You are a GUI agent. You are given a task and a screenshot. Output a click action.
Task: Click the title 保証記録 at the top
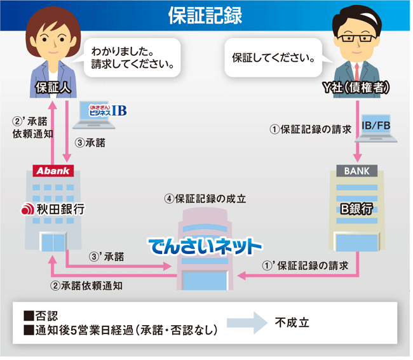(205, 15)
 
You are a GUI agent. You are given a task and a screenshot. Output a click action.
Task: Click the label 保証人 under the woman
(51, 88)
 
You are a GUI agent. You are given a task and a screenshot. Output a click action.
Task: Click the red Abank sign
(53, 171)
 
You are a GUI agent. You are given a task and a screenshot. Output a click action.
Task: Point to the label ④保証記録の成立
(205, 198)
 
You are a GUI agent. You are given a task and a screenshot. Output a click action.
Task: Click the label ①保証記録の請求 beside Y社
(311, 129)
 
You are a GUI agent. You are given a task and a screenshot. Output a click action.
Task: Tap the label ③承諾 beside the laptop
(90, 143)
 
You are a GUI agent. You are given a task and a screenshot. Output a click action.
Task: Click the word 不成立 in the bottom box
(292, 323)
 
